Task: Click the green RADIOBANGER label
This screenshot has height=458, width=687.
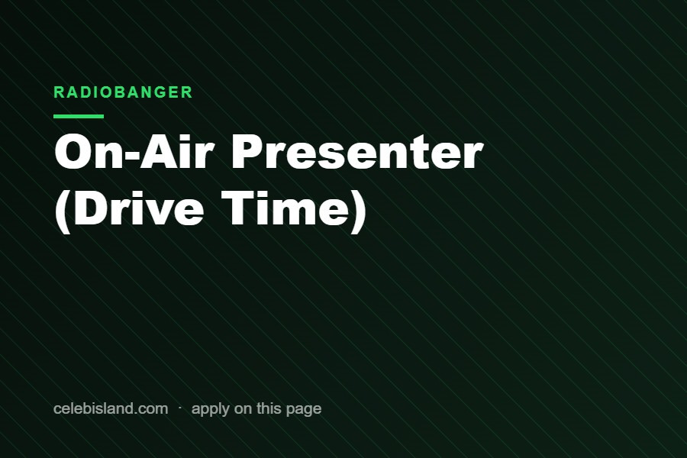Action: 123,92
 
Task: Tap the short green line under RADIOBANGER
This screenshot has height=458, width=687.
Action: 79,116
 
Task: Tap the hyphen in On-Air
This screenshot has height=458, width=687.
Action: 131,156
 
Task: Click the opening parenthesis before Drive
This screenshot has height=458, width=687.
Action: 63,211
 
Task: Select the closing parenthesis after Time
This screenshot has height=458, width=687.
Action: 358,211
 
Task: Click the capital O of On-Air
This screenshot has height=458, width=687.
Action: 73,152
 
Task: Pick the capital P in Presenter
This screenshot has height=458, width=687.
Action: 248,152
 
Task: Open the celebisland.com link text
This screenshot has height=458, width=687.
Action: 111,408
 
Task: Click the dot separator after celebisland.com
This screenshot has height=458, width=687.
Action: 180,408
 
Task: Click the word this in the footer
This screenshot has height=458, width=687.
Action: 269,408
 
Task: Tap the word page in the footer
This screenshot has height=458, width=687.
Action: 304,410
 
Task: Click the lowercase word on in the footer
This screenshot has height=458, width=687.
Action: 244,410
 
